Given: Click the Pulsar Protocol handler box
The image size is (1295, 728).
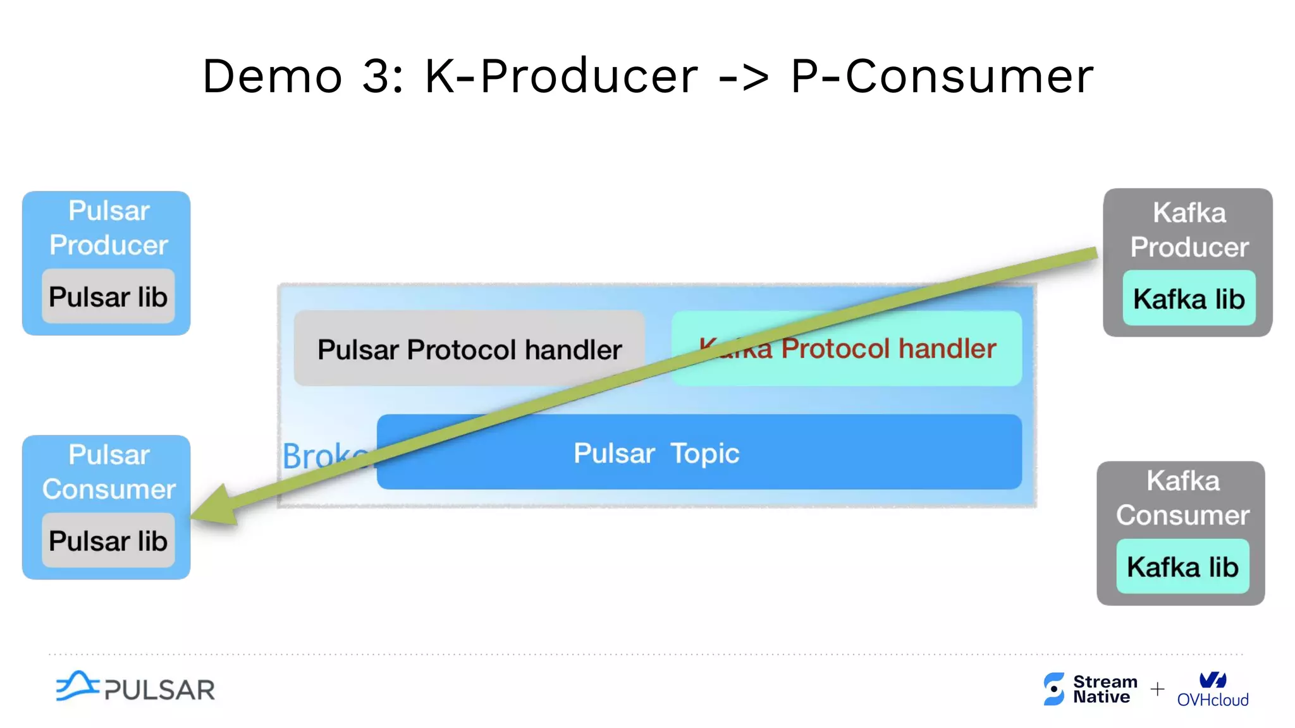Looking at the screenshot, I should tap(469, 348).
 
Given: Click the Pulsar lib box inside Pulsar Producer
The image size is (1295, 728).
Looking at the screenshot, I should tap(108, 296).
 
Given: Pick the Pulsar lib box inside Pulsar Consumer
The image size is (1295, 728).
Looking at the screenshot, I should tap(108, 540).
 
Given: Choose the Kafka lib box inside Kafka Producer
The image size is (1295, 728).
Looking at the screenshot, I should tap(1189, 298).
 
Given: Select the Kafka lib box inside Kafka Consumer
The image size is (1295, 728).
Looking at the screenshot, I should tap(1182, 566).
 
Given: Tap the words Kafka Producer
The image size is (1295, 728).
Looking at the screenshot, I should tap(1189, 229).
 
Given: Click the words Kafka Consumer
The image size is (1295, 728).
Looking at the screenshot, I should tap(1182, 498).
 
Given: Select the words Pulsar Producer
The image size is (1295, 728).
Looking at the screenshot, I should tap(109, 227).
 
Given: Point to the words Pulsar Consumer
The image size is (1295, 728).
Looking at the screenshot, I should tap(109, 471).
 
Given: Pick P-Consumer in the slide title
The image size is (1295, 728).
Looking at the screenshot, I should tap(942, 76).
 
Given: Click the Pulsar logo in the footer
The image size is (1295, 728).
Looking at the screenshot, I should tap(135, 687).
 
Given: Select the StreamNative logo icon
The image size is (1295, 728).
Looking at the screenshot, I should tap(1053, 688).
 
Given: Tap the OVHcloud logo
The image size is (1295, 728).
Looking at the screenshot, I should tap(1213, 689).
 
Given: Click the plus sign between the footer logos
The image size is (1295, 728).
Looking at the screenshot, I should tap(1157, 689).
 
